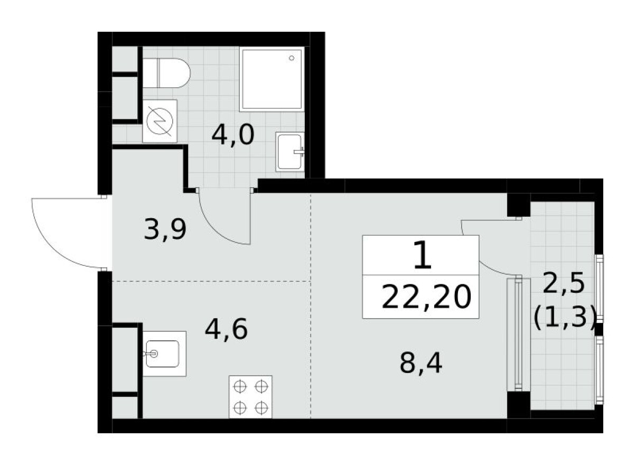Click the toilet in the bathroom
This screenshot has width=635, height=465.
166,73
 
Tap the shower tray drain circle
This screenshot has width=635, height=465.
292,58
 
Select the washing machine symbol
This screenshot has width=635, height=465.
160,121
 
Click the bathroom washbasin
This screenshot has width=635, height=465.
290,152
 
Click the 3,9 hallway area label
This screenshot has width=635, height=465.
165,230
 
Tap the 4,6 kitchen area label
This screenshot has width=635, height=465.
226,329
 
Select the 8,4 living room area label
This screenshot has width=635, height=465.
421,363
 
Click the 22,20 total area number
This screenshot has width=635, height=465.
426,297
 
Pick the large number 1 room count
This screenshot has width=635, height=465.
423,255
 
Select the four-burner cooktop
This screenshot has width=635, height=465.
250,397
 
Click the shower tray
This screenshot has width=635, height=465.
272,79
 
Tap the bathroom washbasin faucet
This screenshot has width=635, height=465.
300,152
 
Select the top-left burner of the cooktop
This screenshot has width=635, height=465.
240,386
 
